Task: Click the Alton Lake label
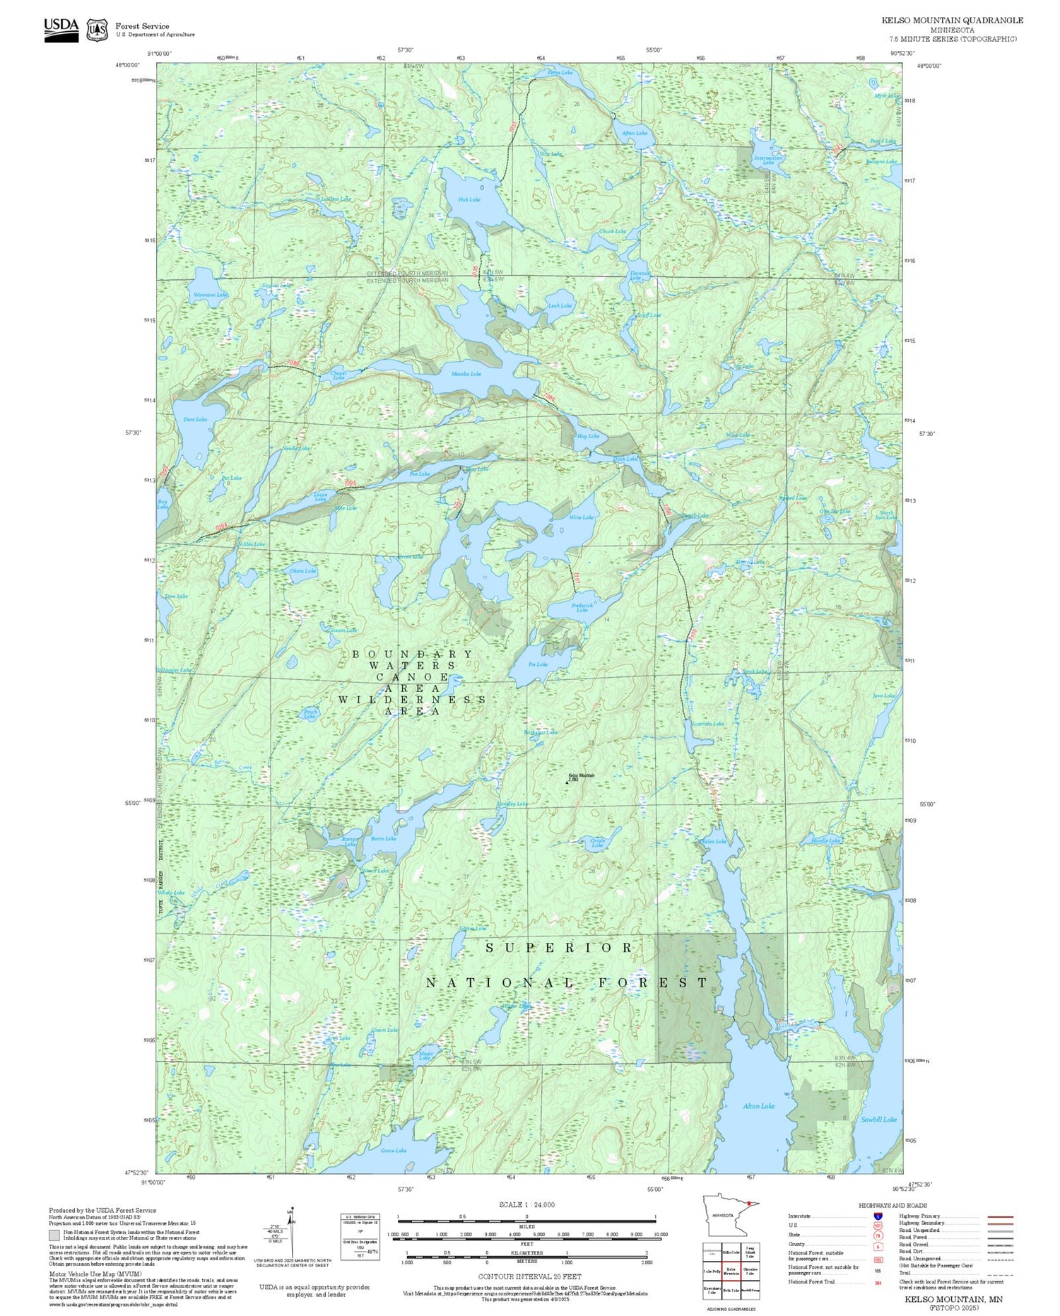(758, 1105)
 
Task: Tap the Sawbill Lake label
(878, 1119)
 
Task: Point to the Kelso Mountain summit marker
(566, 781)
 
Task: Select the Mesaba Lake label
(466, 373)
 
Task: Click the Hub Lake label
(469, 199)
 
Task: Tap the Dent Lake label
(195, 419)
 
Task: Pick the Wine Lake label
(581, 517)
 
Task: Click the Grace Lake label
(393, 1150)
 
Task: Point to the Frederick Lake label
(582, 607)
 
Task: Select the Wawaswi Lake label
(210, 294)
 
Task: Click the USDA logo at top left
(61, 30)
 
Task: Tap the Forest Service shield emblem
(97, 30)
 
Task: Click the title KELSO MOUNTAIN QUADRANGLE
(952, 20)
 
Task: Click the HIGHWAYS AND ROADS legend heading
(893, 1205)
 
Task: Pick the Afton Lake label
(634, 133)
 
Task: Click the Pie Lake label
(537, 664)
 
